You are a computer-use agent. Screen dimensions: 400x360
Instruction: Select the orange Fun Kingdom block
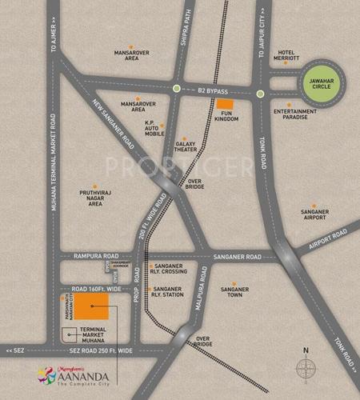pos(226,105)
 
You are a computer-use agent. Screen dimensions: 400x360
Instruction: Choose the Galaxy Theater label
pos(186,149)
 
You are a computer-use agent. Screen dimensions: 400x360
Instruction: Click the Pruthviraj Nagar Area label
pos(95,198)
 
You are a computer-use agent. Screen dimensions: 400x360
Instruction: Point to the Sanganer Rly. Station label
pos(167,293)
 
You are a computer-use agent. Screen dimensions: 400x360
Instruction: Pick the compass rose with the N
pos(306,368)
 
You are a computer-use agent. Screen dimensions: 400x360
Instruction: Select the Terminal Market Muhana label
pos(88,337)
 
